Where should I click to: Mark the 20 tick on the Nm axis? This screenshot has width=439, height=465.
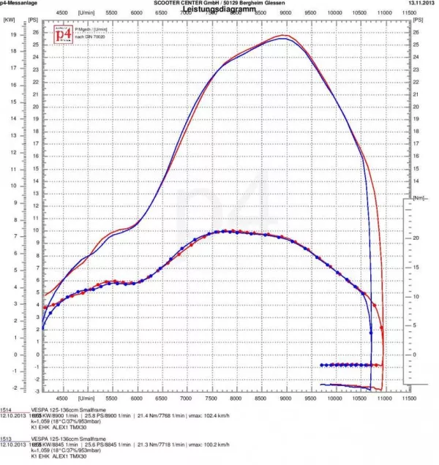(x=415, y=238)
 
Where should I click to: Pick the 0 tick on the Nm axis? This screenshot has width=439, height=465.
(x=415, y=355)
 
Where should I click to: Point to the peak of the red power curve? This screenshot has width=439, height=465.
(x=283, y=35)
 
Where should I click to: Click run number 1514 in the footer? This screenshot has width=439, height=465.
(x=6, y=411)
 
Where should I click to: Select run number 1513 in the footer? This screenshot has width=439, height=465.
(x=6, y=439)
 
